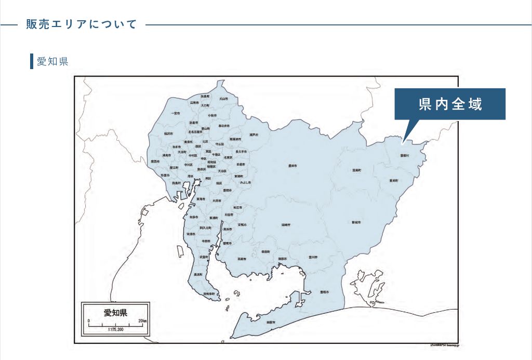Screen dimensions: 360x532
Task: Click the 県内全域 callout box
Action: [x=450, y=104]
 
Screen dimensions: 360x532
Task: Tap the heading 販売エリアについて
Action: [x=82, y=24]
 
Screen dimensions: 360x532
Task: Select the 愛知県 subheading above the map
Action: [x=52, y=61]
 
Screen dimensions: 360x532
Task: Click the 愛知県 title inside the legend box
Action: [x=115, y=313]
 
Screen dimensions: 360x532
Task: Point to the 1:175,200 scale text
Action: [x=115, y=330]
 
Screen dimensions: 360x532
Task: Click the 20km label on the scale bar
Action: [x=142, y=321]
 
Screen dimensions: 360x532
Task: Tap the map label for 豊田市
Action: [x=292, y=166]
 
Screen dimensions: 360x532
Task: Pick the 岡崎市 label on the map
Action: [x=286, y=225]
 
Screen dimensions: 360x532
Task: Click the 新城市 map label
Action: [x=356, y=222]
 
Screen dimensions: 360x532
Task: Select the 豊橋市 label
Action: [x=325, y=292]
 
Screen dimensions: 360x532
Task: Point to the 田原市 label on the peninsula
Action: [x=270, y=323]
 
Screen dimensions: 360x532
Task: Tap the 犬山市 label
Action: [x=223, y=98]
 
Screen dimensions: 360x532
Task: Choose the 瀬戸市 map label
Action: [x=254, y=135]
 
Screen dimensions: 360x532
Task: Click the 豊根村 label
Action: [x=405, y=155]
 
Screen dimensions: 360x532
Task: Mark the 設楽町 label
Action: [x=356, y=170]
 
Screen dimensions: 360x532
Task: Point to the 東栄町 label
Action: [x=393, y=180]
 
